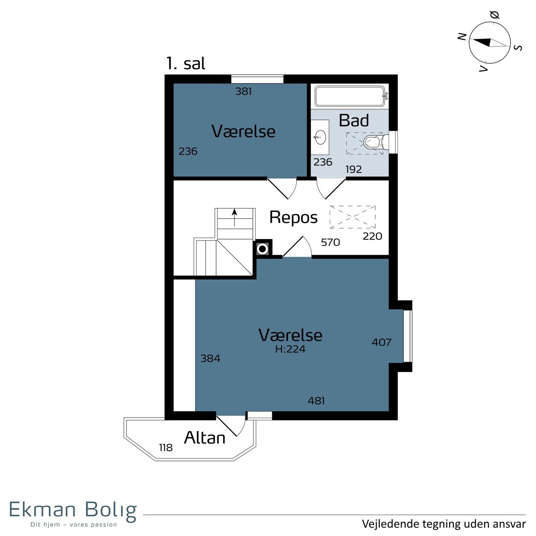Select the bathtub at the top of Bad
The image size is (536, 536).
click(x=350, y=96)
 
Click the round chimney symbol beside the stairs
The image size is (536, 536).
click(x=262, y=249)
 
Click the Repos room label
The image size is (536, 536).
click(x=293, y=218)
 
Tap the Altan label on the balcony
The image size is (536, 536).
click(x=205, y=438)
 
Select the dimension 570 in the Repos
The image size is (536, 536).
click(x=331, y=242)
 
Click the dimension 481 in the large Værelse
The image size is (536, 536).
click(x=316, y=401)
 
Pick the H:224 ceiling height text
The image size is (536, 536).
click(x=290, y=349)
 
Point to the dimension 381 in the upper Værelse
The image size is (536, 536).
click(x=244, y=91)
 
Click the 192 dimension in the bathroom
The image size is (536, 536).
click(x=353, y=169)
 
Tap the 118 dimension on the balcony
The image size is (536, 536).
click(x=166, y=448)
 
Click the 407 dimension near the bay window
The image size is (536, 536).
click(x=381, y=342)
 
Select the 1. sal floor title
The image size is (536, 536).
click(x=186, y=63)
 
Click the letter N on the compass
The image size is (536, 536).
click(x=462, y=37)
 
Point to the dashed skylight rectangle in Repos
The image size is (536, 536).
click(x=352, y=217)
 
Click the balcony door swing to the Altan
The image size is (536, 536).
click(x=231, y=426)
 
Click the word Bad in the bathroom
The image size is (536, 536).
click(x=354, y=121)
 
